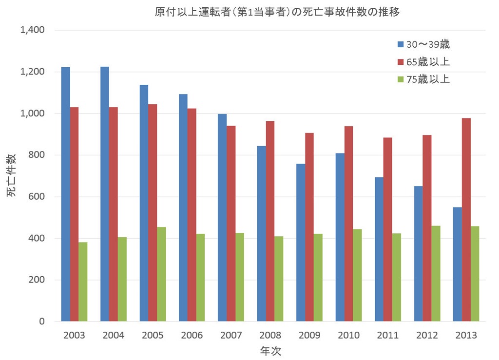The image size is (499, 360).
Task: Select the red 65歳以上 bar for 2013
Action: (x=466, y=220)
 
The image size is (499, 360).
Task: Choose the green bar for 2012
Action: (x=436, y=273)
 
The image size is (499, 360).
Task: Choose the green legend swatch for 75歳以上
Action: (x=401, y=79)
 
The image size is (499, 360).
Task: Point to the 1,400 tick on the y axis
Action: (x=32, y=30)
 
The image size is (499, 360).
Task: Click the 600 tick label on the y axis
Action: (x=36, y=197)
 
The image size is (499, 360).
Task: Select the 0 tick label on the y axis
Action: (x=42, y=322)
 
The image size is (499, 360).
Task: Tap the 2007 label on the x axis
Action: (x=231, y=336)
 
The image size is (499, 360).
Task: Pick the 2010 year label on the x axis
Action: (x=348, y=336)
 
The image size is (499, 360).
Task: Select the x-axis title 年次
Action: (x=270, y=351)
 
